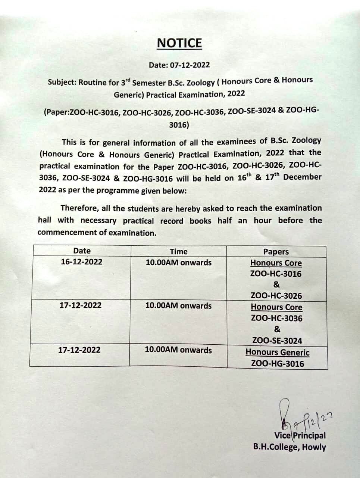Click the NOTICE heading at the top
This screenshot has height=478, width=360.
click(x=179, y=43)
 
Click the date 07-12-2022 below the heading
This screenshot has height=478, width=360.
click(x=190, y=65)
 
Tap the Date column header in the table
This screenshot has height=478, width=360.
click(x=82, y=251)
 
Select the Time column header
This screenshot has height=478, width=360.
click(x=178, y=252)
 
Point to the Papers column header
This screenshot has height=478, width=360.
click(x=276, y=252)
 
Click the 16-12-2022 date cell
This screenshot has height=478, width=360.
click(x=81, y=262)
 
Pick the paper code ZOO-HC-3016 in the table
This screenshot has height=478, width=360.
click(x=276, y=274)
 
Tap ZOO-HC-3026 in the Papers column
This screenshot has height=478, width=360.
click(x=276, y=296)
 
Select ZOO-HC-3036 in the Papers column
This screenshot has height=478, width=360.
click(x=277, y=319)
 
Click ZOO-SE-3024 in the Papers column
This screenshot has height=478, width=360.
click(x=277, y=341)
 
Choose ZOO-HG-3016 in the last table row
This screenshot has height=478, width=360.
click(x=278, y=364)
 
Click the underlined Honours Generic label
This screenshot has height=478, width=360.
click(x=278, y=353)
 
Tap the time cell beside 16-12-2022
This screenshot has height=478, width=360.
click(x=178, y=263)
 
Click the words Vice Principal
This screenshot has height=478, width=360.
click(x=300, y=435)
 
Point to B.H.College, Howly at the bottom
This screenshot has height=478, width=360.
click(x=289, y=447)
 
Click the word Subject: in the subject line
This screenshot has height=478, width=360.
click(x=62, y=83)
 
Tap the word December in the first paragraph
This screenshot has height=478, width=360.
click(x=302, y=177)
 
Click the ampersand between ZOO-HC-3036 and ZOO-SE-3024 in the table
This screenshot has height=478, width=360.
click(x=277, y=329)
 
